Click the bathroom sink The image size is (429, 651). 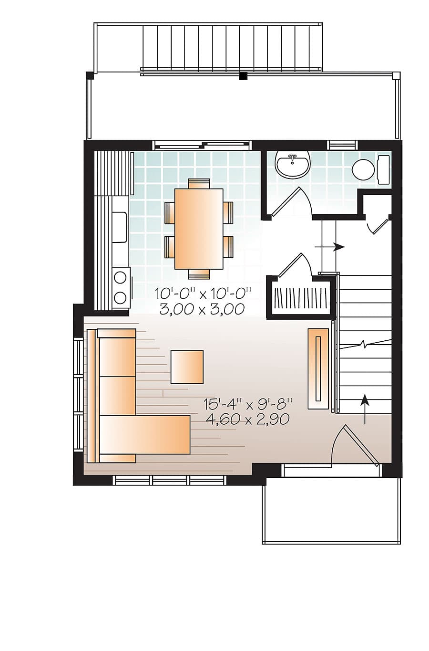tap(293, 164)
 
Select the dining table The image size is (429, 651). tap(199, 229)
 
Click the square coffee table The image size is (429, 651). tap(187, 367)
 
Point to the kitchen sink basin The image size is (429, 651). tap(120, 227)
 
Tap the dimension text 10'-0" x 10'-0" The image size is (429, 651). tap(202, 293)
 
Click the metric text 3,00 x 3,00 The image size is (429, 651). tap(202, 309)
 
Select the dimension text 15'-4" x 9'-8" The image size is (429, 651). tap(247, 403)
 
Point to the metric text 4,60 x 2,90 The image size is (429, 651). tap(247, 419)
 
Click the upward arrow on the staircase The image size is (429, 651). tap(365, 409)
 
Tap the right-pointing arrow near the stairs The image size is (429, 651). tap(330, 247)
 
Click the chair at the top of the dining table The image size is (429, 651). tap(199, 184)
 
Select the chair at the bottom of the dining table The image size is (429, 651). tap(199, 274)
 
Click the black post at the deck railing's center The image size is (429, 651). tap(244, 76)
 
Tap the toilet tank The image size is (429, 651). tap(383, 169)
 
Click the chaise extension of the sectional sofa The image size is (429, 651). tap(144, 434)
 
